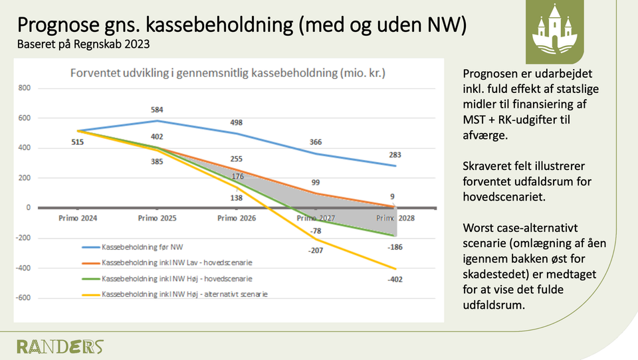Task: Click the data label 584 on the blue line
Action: pos(157,110)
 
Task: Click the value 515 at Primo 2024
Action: pos(77,141)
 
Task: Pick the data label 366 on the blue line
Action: pos(316,141)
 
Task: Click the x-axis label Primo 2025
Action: pos(157,218)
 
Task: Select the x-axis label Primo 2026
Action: pos(236,218)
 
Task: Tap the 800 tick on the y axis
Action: pos(25,88)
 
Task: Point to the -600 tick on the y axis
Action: pos(24,298)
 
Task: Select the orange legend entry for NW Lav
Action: pos(177,262)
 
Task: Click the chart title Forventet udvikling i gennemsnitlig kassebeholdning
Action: pos(229,73)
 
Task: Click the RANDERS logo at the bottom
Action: pos(60,346)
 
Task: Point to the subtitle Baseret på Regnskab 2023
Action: pos(83,45)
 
